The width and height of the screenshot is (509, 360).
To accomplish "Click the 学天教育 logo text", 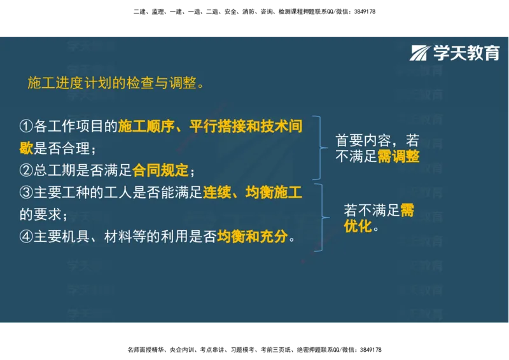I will tap(466, 53).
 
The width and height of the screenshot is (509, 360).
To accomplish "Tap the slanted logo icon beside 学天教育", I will tap(420, 53).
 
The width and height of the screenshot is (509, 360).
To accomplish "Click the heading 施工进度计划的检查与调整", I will tap(111, 83).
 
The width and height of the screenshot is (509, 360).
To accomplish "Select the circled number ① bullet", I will tap(26, 126).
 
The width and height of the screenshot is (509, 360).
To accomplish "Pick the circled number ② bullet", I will tap(26, 170).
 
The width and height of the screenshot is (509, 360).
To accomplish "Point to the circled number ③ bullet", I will tap(26, 192).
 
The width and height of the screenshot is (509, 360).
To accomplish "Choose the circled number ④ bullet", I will tap(26, 237).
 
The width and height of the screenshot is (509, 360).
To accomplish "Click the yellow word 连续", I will tap(216, 192).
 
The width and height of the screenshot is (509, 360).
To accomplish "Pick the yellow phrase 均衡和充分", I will tap(252, 237).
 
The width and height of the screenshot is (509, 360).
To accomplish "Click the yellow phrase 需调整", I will tap(399, 156).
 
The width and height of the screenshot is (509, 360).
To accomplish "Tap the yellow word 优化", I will tap(358, 226).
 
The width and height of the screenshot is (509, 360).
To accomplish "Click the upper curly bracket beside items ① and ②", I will tap(321, 148).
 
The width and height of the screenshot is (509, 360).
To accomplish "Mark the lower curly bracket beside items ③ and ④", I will tap(321, 217).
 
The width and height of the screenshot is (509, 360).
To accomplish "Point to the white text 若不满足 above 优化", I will tap(371, 211).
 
